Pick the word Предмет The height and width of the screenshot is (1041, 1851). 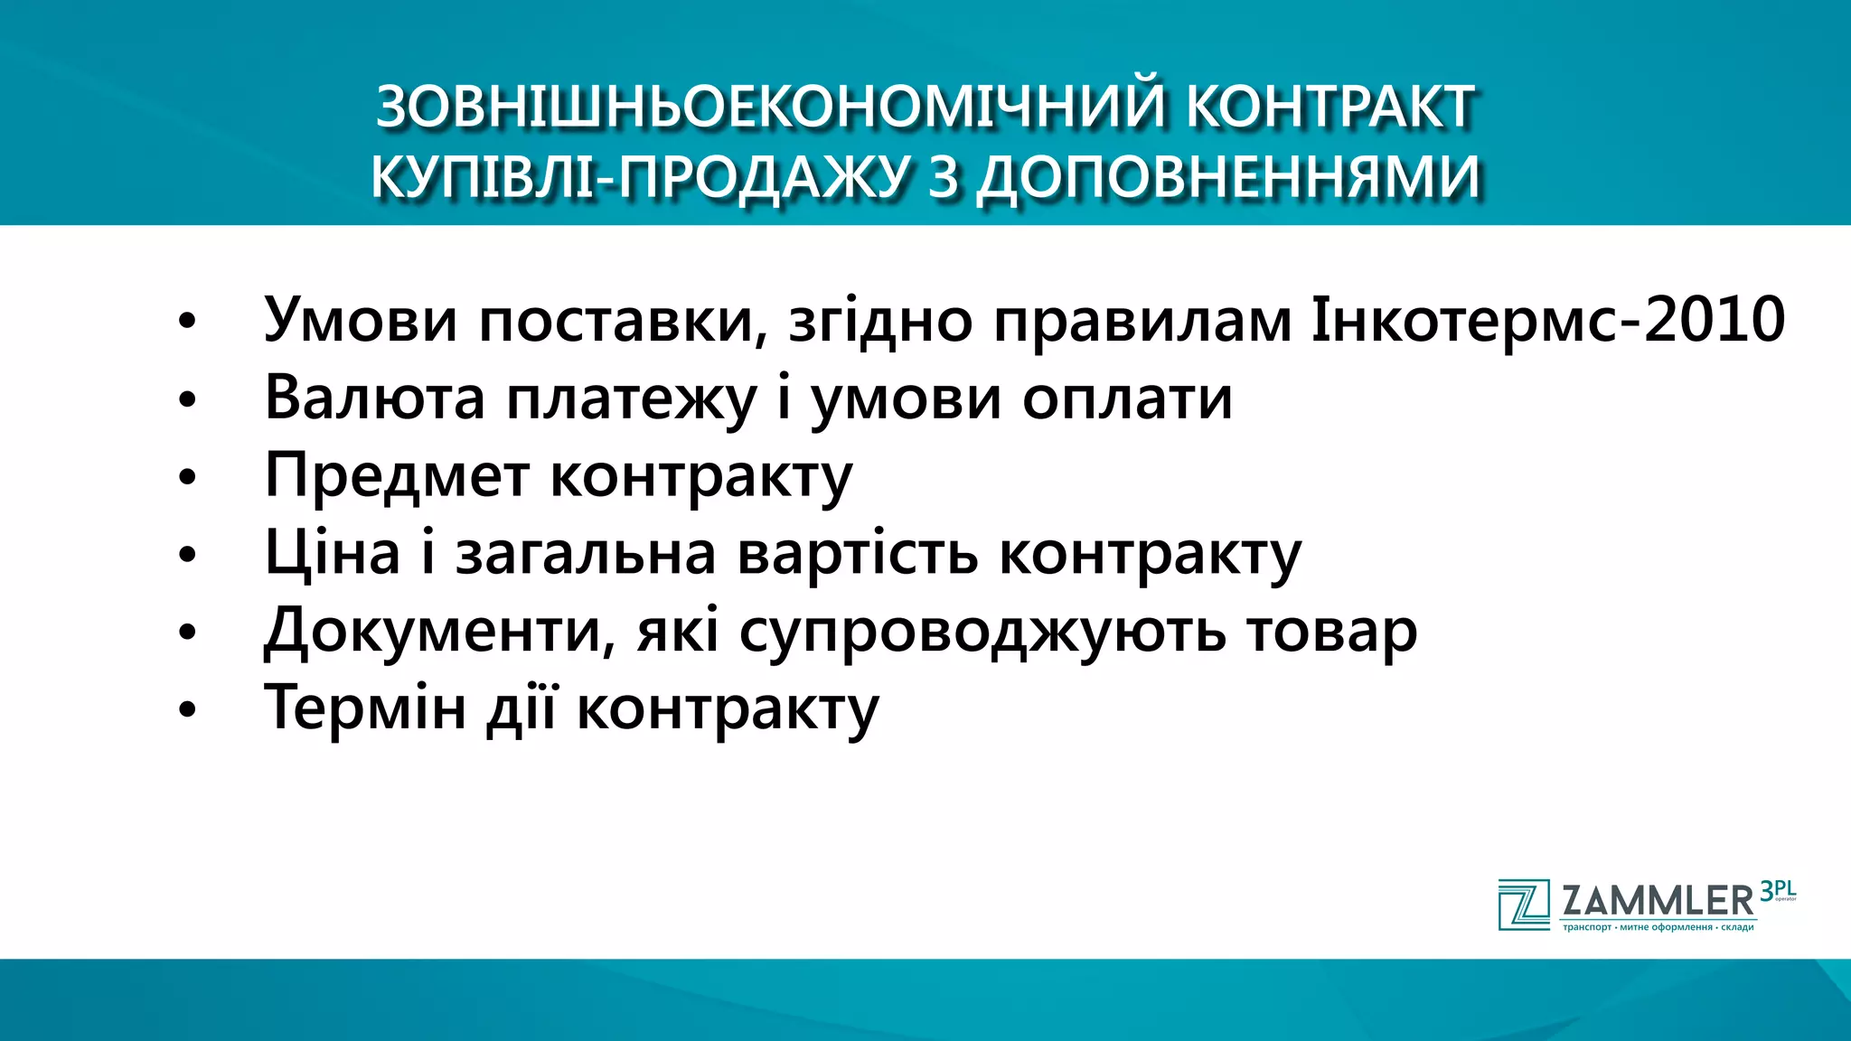tap(397, 474)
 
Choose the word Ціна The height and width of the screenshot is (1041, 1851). tap(332, 552)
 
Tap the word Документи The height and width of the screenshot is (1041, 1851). tap(433, 630)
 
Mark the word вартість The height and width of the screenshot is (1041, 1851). tap(857, 552)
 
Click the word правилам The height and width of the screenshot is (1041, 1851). tap(1142, 321)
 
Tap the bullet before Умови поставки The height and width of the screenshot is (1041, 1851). tap(187, 322)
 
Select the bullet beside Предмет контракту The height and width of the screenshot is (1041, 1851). tap(187, 477)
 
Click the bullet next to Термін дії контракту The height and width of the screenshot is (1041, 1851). tap(187, 710)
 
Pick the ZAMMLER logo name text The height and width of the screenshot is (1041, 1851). tap(1658, 901)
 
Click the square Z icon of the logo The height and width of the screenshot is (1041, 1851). tap(1524, 904)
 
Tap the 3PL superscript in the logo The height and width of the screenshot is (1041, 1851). tap(1777, 891)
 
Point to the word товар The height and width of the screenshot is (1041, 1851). tap(1331, 632)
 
